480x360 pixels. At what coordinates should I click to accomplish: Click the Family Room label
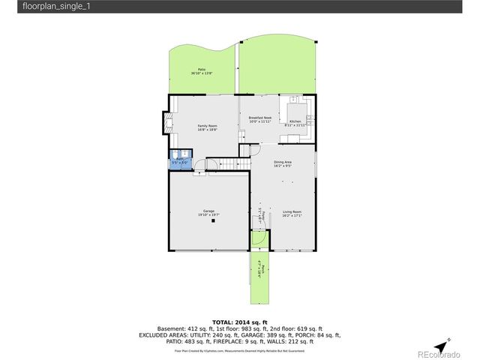[207, 125]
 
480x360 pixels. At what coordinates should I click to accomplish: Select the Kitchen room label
[295, 121]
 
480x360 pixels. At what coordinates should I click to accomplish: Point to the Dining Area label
[283, 162]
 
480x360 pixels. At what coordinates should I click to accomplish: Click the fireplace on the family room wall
[166, 121]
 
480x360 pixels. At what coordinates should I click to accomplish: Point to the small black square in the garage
[212, 221]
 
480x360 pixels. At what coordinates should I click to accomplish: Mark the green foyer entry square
[259, 240]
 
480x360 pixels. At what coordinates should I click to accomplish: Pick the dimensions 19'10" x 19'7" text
[208, 215]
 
